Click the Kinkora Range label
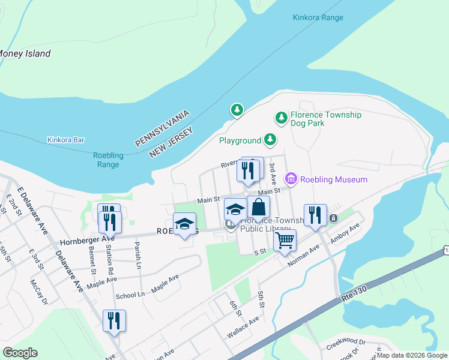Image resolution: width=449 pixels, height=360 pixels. coord(318,17)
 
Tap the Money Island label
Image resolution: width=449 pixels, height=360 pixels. coord(25,53)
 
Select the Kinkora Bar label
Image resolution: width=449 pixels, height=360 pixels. coord(66,140)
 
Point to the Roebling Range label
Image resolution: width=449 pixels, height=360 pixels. coord(109,160)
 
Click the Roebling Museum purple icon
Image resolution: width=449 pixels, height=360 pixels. coord(292,179)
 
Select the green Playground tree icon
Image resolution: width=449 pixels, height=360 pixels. coord(270,140)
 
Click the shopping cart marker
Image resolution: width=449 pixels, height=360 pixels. coord(285,241)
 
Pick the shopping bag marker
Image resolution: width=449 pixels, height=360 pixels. coord(258,208)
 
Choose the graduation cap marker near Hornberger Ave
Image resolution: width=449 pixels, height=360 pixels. coord(184,224)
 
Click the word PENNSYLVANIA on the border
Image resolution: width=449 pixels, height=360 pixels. coord(163,128)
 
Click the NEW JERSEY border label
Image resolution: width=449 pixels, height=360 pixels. coord(171,142)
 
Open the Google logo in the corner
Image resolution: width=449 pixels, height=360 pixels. coord(20,353)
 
